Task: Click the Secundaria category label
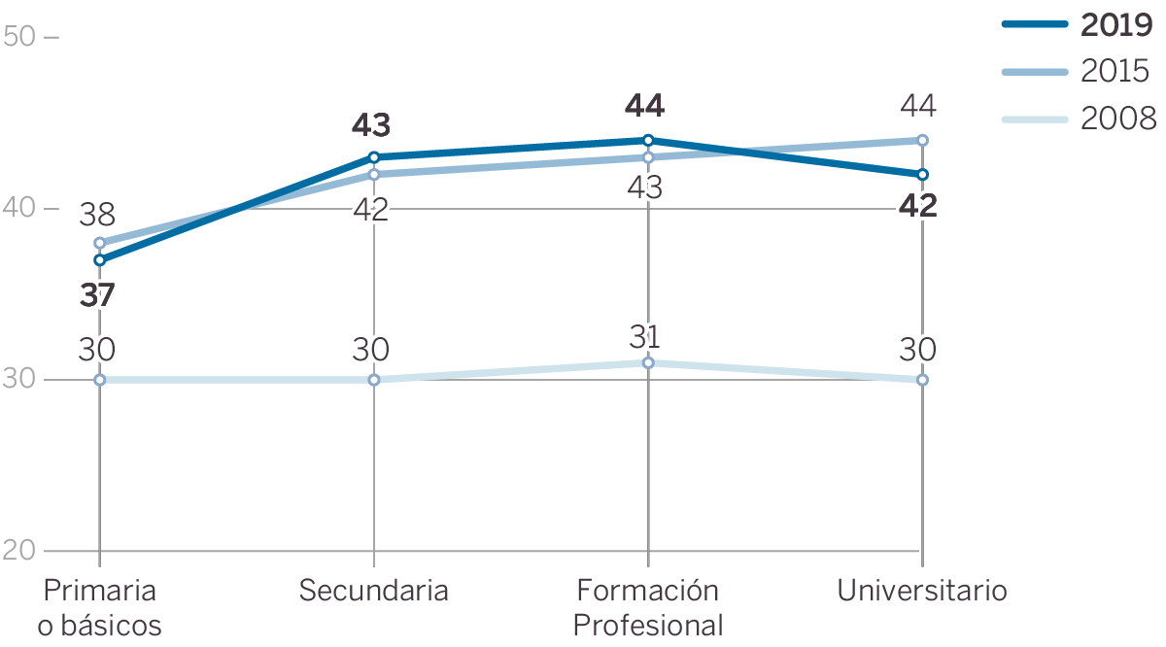(x=373, y=591)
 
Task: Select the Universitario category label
(x=922, y=591)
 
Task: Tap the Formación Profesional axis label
(x=648, y=607)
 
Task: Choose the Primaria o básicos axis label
(x=100, y=607)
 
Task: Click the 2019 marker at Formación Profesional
(x=648, y=140)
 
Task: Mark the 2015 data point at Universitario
(x=922, y=140)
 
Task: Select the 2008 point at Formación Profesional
(x=648, y=362)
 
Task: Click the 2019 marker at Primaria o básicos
(x=100, y=259)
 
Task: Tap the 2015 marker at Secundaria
(x=374, y=175)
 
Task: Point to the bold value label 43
(x=370, y=125)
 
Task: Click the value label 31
(x=644, y=337)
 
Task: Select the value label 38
(x=96, y=213)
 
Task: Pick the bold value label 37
(x=96, y=295)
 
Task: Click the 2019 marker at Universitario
(x=922, y=175)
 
